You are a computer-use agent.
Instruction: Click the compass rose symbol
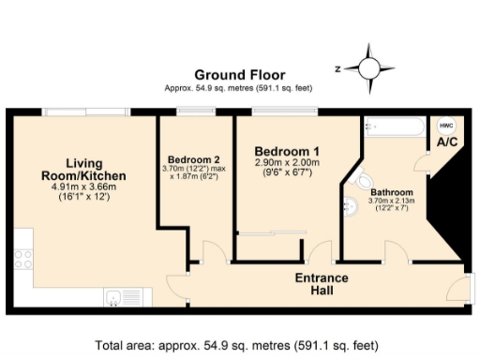click(x=367, y=67)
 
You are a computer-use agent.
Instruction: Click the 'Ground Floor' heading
click(x=239, y=75)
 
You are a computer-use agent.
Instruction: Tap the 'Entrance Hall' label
click(x=322, y=284)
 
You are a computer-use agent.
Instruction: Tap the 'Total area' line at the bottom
click(x=240, y=344)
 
